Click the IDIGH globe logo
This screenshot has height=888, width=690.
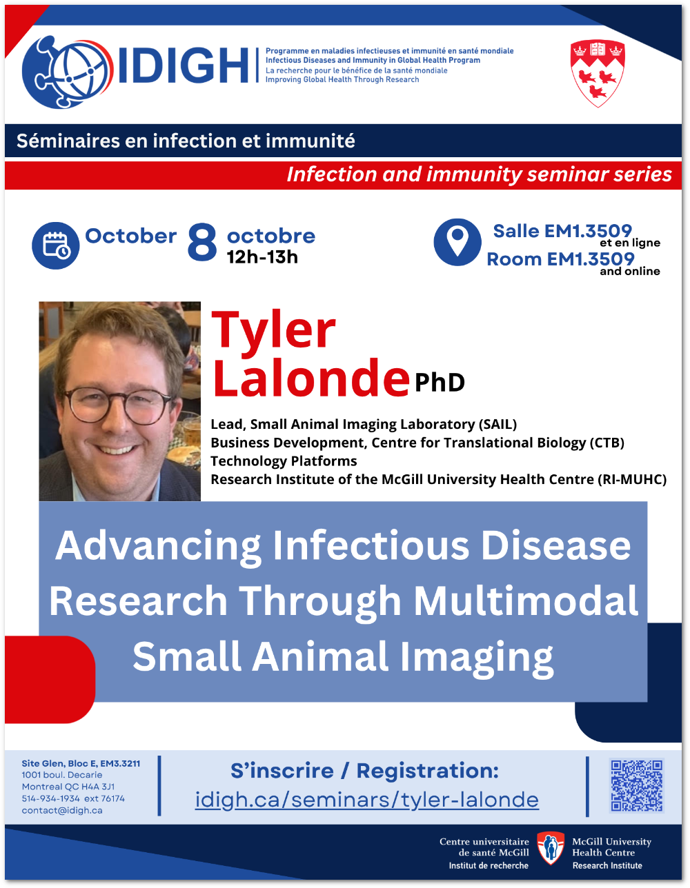point(68,72)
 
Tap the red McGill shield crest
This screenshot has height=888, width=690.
point(598,73)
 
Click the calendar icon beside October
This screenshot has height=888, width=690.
point(56,245)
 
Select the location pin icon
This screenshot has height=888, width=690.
point(457,242)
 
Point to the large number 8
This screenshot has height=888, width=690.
point(202,242)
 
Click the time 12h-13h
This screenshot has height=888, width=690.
point(262,257)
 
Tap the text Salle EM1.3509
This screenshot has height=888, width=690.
point(562,231)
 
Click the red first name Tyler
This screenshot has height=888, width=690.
point(273,331)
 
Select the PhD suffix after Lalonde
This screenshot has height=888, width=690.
point(440,383)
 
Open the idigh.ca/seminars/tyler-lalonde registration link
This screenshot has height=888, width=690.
point(367,800)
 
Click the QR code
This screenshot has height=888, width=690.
point(636,786)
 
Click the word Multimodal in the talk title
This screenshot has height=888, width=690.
point(526,601)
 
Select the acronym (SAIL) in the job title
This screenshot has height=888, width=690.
point(497,424)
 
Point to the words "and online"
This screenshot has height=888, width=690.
point(630,271)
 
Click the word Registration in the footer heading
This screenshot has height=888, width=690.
point(427,771)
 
